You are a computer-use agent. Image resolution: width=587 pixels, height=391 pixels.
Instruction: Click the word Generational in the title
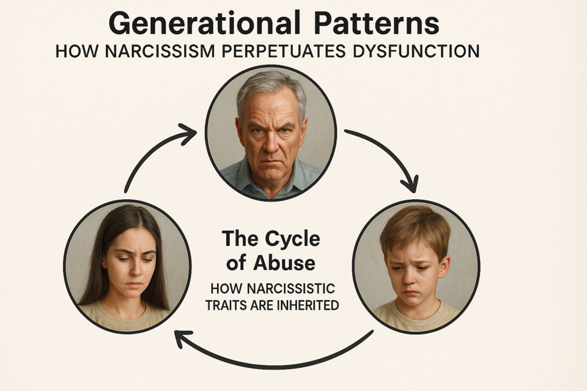pyautogui.click(x=205, y=24)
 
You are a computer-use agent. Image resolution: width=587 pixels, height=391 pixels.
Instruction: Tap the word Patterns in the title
pyautogui.click(x=377, y=24)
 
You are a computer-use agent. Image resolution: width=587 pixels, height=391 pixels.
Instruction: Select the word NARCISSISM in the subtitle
pyautogui.click(x=160, y=51)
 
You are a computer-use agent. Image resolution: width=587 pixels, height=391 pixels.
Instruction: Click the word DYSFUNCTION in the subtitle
pyautogui.click(x=416, y=51)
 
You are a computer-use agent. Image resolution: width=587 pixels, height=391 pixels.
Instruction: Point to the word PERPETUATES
pyautogui.click(x=283, y=51)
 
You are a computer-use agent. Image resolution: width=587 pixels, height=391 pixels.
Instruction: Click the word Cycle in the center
pyautogui.click(x=292, y=239)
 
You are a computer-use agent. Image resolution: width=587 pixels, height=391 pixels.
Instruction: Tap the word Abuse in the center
pyautogui.click(x=284, y=263)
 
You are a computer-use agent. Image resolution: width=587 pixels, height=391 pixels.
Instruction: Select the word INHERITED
pyautogui.click(x=308, y=305)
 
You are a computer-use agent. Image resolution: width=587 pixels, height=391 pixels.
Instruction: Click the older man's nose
pyautogui.click(x=268, y=142)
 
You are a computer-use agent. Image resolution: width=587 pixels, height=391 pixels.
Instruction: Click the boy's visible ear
pyautogui.click(x=444, y=267)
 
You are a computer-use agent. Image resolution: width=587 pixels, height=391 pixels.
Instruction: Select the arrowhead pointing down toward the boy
pyautogui.click(x=410, y=184)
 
